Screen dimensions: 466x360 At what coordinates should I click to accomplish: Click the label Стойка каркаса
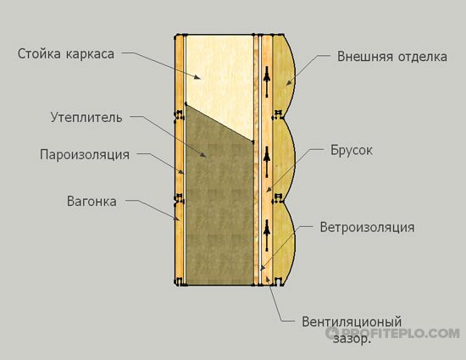coord(66,53)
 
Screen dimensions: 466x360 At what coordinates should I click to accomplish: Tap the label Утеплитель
coord(86,118)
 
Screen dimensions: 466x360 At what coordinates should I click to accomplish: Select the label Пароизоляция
coord(85,155)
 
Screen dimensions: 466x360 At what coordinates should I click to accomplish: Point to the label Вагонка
coord(92,201)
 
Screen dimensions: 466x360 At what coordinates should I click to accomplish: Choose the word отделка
coord(423,57)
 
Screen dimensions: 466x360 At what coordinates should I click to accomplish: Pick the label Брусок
coord(352,150)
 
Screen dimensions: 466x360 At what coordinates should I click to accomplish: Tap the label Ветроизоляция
coord(367,227)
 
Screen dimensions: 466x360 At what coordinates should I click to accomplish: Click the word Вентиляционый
coord(352,322)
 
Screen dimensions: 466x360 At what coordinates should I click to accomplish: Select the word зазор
coord(352,339)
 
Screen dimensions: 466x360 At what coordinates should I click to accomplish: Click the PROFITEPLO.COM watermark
coord(392,333)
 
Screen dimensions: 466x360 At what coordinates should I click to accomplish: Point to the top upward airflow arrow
coord(267,81)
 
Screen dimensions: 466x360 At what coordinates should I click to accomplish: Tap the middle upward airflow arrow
coord(267,162)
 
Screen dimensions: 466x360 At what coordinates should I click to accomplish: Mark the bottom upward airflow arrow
coord(267,235)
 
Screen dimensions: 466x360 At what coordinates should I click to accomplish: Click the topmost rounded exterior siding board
coord(284,75)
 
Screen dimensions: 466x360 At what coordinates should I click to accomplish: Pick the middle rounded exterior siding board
coord(284,159)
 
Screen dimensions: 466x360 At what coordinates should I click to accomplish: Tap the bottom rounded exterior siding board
coord(284,242)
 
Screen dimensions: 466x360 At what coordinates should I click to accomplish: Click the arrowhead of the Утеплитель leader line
coord(204,155)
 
